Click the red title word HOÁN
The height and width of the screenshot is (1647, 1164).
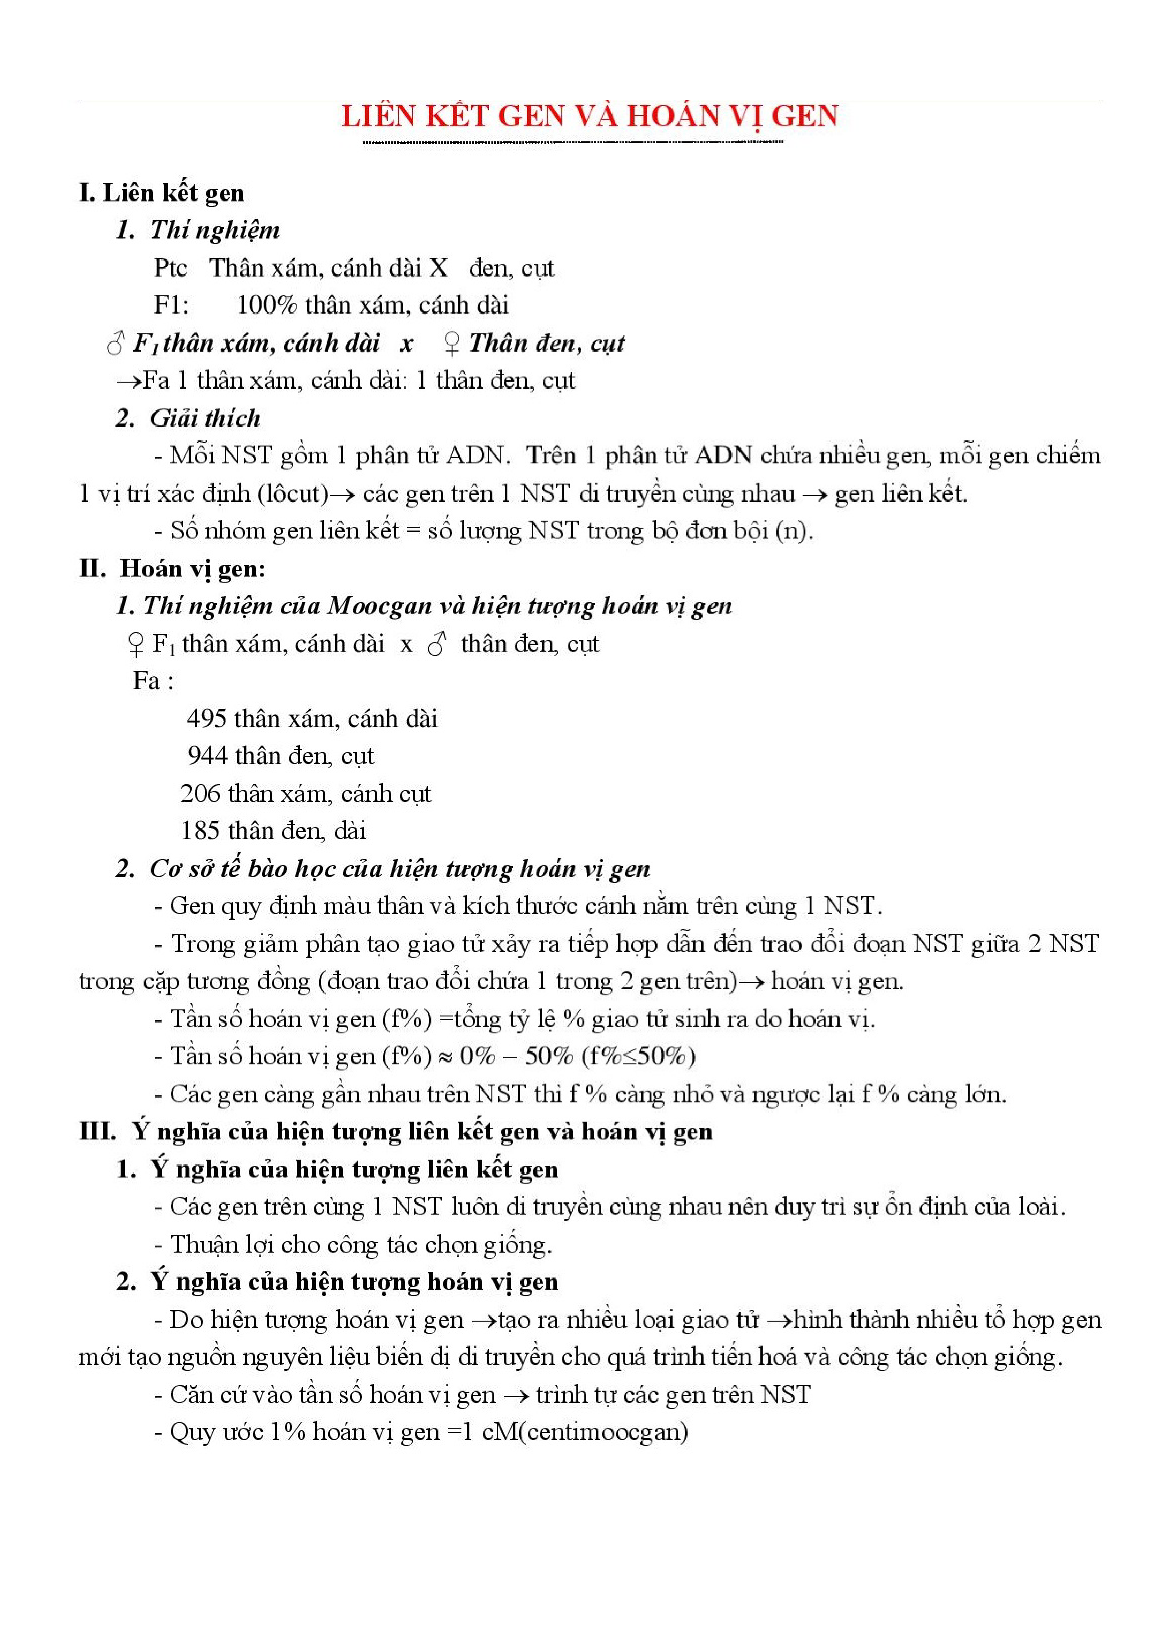pyautogui.click(x=673, y=116)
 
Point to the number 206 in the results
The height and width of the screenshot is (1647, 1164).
pyautogui.click(x=199, y=793)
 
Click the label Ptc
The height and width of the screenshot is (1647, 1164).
pyautogui.click(x=170, y=268)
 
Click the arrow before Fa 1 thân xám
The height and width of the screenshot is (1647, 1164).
pyautogui.click(x=129, y=380)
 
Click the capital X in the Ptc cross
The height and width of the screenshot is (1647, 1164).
pyautogui.click(x=438, y=268)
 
